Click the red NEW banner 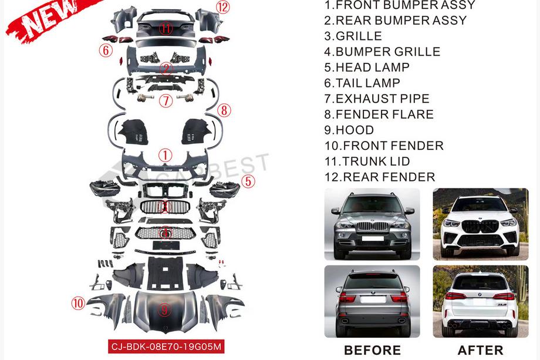pos(52,19)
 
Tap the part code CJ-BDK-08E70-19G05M pos(166,346)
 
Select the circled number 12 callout pos(223,7)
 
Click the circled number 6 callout pos(106,51)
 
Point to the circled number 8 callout pos(224,110)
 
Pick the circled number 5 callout pos(248,181)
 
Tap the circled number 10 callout pos(78,303)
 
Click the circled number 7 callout pos(166,101)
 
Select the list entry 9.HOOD pos(349,130)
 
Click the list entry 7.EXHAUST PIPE pos(377,99)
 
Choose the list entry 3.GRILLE pos(353,36)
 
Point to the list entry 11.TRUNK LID pos(367,162)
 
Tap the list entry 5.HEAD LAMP pos(367,67)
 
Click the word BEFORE pos(372,350)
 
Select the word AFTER pos(480,350)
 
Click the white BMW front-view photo pos(480,224)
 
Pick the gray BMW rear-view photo pos(372,301)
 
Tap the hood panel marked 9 pos(164,311)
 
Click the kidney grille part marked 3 pos(165,207)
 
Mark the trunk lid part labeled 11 pos(166,25)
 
